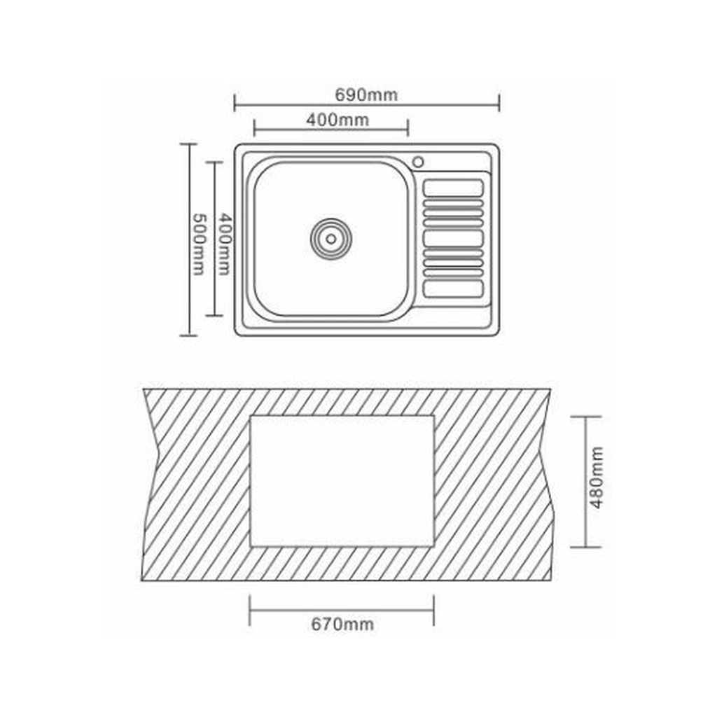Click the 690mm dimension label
366,95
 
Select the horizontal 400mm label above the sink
337,120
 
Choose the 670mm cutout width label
342,624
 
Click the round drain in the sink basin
330,238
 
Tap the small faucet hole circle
418,162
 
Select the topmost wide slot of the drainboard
454,188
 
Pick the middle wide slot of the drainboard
454,238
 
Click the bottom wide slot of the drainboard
454,288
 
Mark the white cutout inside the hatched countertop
342,481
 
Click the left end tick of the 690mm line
235,103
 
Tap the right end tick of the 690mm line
499,103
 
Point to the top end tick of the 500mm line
188,144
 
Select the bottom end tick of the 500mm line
188,335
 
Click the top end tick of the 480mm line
585,417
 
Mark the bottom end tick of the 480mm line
585,547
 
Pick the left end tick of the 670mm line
250,610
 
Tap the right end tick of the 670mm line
433,610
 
